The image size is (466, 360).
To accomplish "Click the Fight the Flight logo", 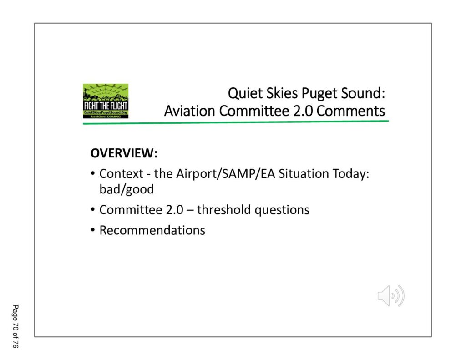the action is (x=106, y=101).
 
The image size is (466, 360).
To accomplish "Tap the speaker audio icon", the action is (x=391, y=295).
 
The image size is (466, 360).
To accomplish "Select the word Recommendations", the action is (x=152, y=230).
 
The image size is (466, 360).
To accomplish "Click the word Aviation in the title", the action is (x=190, y=111).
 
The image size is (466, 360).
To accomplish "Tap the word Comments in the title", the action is (x=351, y=111).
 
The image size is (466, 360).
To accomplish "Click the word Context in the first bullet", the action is (x=121, y=173).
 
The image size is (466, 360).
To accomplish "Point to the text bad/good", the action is (x=127, y=189).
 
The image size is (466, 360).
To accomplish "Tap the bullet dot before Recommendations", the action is (x=93, y=230).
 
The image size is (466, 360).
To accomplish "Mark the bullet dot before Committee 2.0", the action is (x=93, y=209).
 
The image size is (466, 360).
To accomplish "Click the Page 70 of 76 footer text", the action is (x=15, y=326).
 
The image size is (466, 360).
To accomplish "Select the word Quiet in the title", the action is (x=245, y=93).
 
